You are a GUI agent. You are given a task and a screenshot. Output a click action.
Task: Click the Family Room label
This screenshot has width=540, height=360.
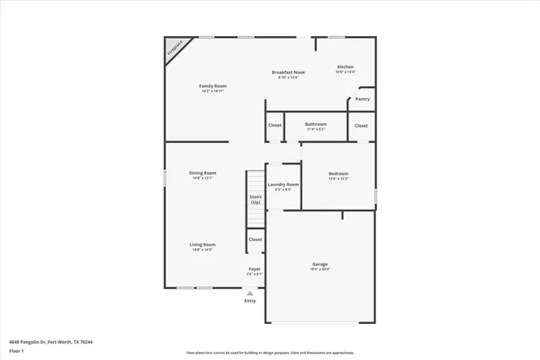212,85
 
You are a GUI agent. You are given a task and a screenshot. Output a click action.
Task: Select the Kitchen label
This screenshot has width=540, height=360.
346,67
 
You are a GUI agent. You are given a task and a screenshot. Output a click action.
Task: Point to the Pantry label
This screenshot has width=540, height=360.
363,99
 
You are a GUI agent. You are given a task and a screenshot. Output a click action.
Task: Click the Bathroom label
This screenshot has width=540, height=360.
315,124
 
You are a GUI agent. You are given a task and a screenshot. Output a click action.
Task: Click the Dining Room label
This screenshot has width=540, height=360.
202,173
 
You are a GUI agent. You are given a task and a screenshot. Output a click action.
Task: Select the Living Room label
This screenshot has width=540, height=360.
202,245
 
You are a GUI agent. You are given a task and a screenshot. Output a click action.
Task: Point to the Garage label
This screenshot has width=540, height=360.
320,264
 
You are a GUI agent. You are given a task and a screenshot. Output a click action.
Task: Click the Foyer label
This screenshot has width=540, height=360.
255,269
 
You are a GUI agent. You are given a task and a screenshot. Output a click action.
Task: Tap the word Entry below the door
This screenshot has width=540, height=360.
249,300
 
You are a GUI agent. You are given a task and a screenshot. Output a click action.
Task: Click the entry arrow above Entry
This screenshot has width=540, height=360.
249,292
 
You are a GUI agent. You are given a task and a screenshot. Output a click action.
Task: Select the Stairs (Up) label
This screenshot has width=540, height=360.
256,201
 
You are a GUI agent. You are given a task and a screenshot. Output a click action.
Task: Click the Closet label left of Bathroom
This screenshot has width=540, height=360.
274,125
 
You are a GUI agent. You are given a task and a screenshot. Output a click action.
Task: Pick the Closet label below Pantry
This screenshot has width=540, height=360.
361,125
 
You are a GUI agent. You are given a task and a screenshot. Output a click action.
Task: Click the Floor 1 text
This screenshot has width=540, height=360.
16,352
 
